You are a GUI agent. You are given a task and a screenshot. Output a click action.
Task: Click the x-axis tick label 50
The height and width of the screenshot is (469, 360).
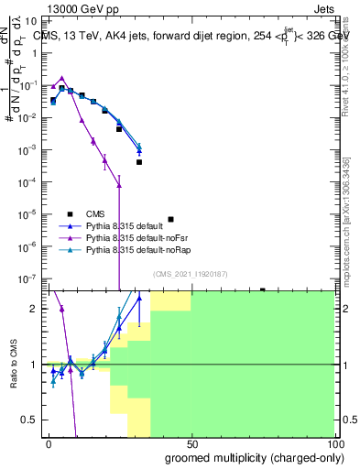click(191, 442)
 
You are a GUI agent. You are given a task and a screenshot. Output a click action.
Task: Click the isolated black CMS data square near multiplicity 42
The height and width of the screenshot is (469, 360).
click(170, 220)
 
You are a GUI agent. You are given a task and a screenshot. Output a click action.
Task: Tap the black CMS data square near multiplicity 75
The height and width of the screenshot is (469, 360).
click(262, 290)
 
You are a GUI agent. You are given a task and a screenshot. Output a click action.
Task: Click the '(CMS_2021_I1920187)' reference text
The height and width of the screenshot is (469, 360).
click(191, 274)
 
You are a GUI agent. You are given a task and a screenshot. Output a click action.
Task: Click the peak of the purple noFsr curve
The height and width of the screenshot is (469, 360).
click(61, 78)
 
